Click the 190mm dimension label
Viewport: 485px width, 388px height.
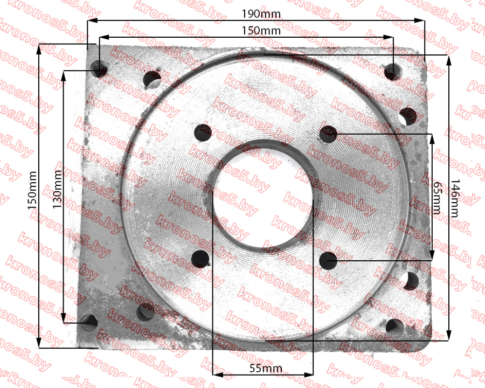(261, 14)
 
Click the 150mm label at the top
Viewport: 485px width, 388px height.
(261, 31)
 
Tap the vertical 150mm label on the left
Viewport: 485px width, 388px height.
(32, 190)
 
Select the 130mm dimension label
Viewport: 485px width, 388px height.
(57, 189)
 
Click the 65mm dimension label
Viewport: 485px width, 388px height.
(436, 198)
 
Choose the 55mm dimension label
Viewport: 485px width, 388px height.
(266, 368)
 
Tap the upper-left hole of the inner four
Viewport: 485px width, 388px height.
(203, 133)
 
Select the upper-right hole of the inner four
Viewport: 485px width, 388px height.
(328, 134)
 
